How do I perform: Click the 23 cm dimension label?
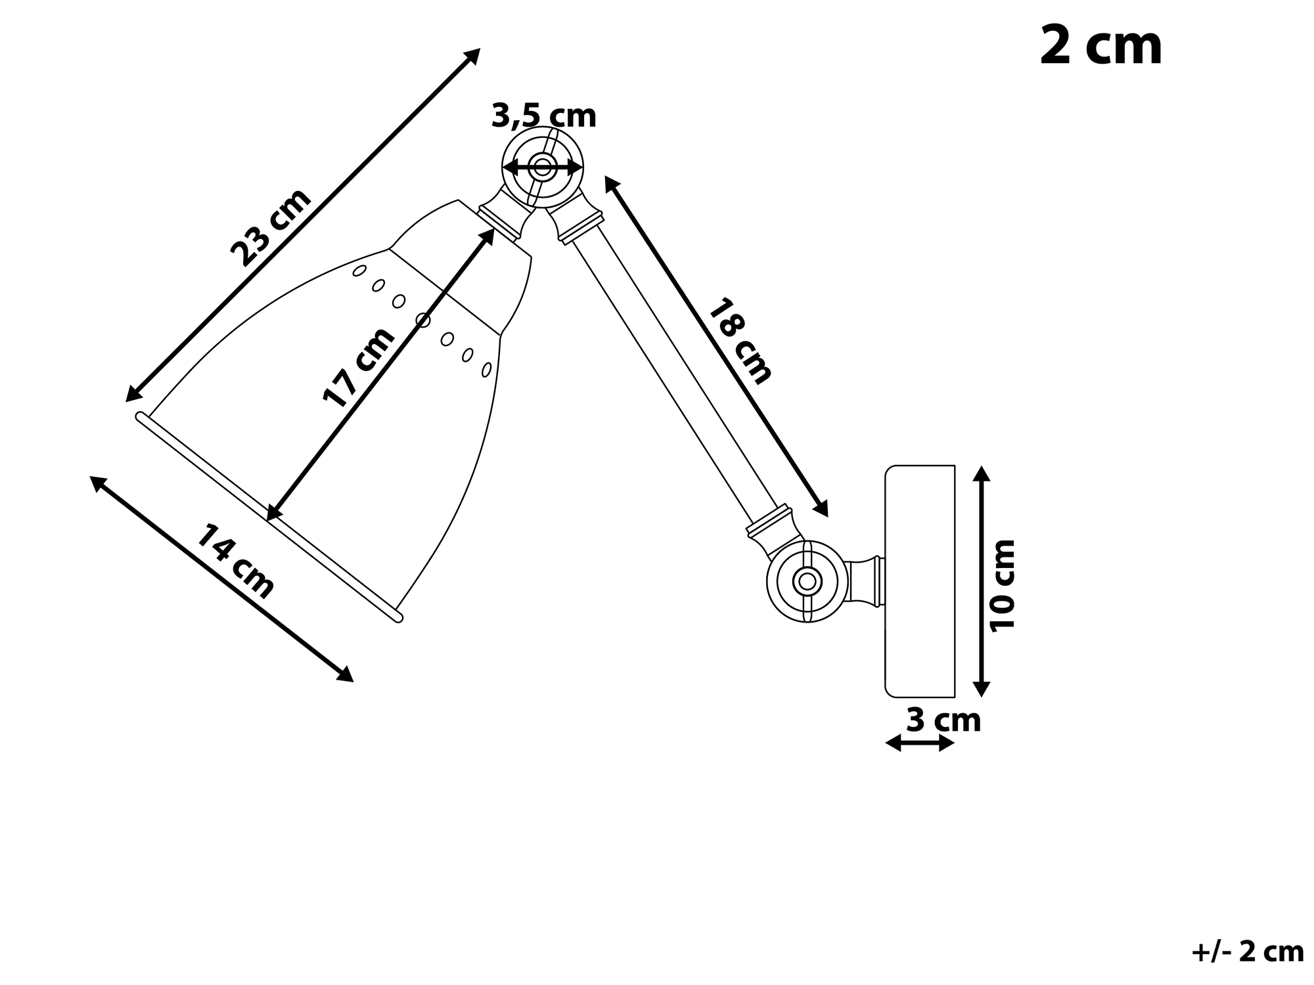click(x=271, y=227)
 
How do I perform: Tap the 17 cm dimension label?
click(x=359, y=367)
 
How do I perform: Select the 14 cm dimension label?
click(x=235, y=562)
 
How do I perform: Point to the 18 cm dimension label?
click(x=740, y=341)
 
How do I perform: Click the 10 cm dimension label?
click(x=1003, y=586)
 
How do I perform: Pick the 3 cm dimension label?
click(x=943, y=720)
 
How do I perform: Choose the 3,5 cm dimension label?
click(x=544, y=116)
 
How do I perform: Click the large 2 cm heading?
click(x=1101, y=45)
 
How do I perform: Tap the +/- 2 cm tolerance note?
click(x=1248, y=952)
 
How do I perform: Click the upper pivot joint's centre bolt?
click(x=543, y=167)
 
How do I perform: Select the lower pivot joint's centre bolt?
click(x=807, y=581)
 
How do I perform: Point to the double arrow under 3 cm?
click(x=920, y=743)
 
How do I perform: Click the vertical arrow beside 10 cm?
click(x=981, y=581)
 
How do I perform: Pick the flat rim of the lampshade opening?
click(x=269, y=517)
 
